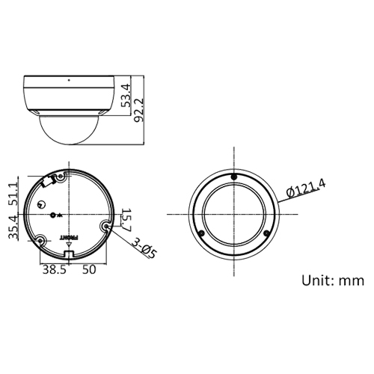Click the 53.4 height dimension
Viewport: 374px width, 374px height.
pos(126,96)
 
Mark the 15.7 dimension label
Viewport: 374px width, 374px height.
pos(125,218)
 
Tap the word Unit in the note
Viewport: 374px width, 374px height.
pos(317,281)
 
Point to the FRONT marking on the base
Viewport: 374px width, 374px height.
pos(69,237)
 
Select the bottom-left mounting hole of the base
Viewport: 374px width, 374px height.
pos(40,239)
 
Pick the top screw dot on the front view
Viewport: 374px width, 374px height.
pos(235,177)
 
